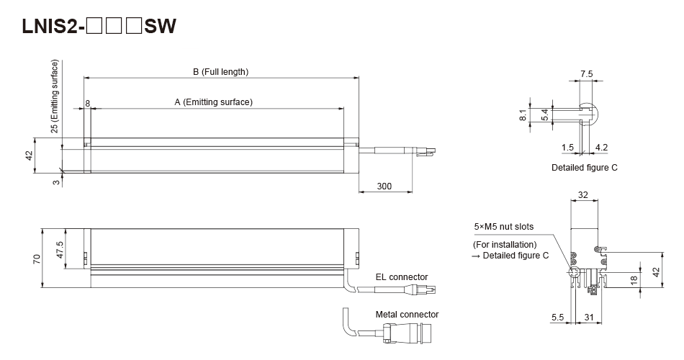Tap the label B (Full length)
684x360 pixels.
[x=220, y=72]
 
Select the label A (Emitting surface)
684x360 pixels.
[x=214, y=102]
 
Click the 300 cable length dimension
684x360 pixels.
[x=384, y=186]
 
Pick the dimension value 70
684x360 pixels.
[x=35, y=257]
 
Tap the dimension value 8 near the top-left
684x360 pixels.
[x=88, y=104]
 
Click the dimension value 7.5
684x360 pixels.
[x=585, y=74]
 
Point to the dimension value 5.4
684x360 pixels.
[x=546, y=113]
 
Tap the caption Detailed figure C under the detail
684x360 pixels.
[x=585, y=167]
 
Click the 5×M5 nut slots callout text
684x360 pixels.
[x=503, y=227]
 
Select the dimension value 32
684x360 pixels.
[x=583, y=194]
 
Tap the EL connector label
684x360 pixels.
[x=401, y=276]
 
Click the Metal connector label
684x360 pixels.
[x=407, y=315]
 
